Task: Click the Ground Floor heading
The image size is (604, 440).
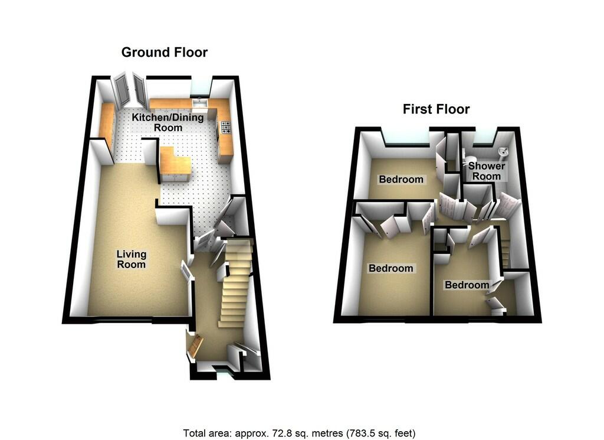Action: pos(165,53)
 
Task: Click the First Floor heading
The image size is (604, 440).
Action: pos(436,109)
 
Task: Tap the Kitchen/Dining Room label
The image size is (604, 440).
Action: pos(168,122)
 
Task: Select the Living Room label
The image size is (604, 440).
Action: pos(132,259)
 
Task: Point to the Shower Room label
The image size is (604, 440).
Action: pos(487,171)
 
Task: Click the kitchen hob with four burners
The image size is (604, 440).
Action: pos(226,127)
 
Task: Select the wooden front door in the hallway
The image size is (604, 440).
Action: pos(194,346)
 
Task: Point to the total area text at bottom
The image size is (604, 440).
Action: pos(299,434)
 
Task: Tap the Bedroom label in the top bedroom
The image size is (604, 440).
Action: pos(401,180)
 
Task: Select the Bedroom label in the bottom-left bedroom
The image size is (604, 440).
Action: pos(390,268)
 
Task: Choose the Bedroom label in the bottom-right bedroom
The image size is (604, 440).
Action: pos(467,285)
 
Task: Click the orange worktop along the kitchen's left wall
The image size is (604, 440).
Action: pos(106,124)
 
